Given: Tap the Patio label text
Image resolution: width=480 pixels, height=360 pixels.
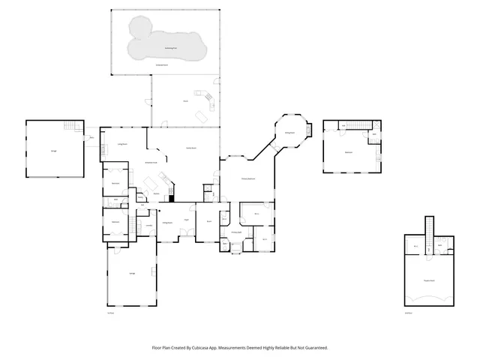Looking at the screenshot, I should pyautogui.click(x=184, y=101).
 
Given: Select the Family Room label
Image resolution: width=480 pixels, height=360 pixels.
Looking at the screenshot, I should pyautogui.click(x=190, y=148).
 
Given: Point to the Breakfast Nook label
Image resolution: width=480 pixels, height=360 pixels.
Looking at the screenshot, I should pyautogui.click(x=151, y=162).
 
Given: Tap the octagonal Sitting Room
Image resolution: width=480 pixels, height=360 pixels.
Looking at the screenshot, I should pyautogui.click(x=289, y=133).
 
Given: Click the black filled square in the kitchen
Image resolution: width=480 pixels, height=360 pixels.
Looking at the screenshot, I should pyautogui.click(x=172, y=199).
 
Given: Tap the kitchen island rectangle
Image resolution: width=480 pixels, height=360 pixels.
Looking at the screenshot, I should pyautogui.click(x=151, y=183).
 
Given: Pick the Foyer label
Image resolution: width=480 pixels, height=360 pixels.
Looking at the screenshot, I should pyautogui.click(x=184, y=219).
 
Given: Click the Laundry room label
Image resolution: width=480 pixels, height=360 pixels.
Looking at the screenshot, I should pyautogui.click(x=149, y=225).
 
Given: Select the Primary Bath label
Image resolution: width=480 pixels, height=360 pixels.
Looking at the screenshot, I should pyautogui.click(x=256, y=214).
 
